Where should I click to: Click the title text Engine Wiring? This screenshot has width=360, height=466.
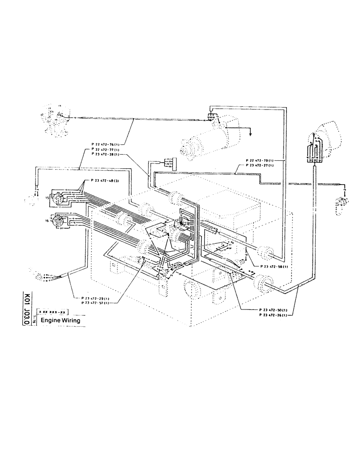pos(60,321)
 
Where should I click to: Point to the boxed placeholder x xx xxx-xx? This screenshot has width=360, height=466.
pos(54,311)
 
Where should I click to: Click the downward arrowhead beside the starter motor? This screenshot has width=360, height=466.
pos(250,133)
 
